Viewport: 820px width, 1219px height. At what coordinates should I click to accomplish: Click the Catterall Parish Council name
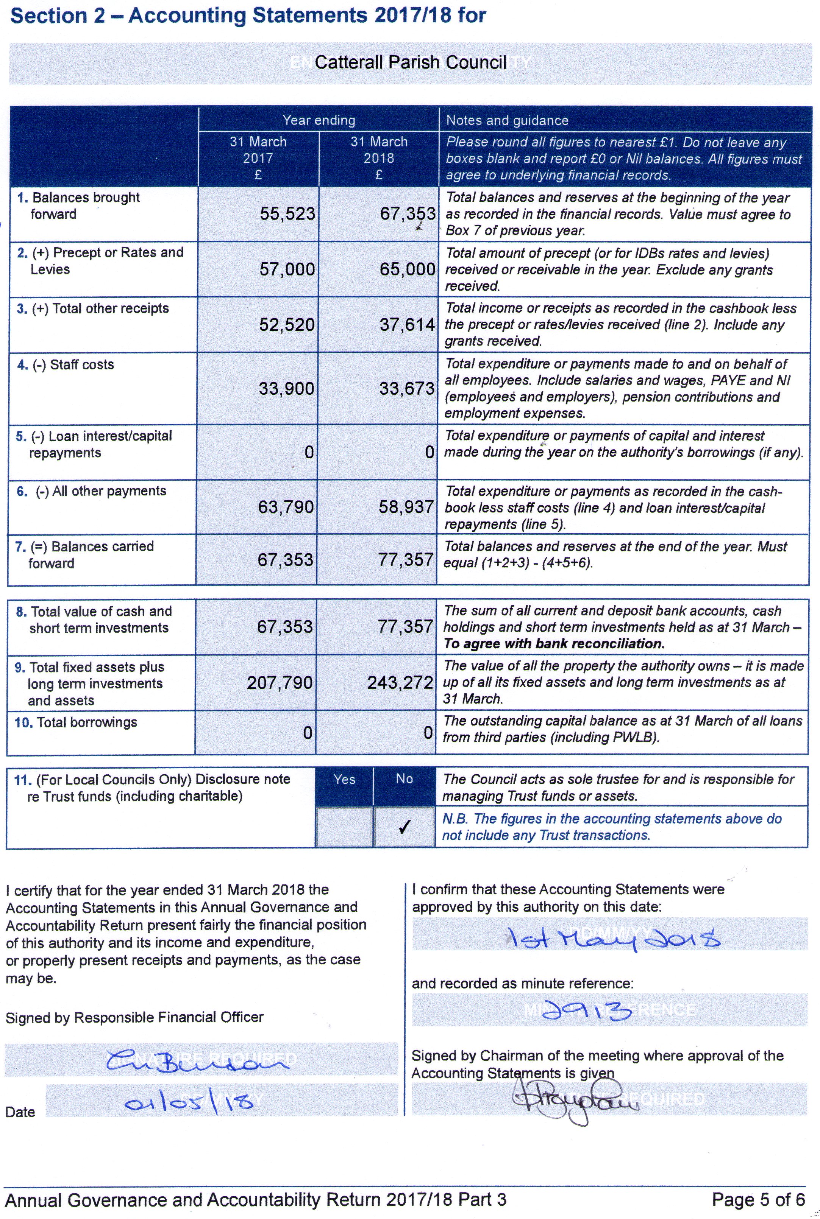click(x=411, y=63)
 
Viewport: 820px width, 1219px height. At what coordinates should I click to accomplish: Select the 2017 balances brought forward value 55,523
click(x=287, y=214)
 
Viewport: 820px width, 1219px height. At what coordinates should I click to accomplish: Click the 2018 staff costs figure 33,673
click(x=406, y=388)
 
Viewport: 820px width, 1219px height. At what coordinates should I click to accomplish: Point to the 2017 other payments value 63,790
click(x=286, y=507)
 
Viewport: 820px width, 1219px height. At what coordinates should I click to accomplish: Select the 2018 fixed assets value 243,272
click(x=400, y=682)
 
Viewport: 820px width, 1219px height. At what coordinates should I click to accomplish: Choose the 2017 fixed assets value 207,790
click(x=280, y=682)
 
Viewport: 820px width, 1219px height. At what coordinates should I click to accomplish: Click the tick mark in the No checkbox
click(x=404, y=827)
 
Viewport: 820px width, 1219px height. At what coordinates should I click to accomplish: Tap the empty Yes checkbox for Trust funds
click(x=344, y=827)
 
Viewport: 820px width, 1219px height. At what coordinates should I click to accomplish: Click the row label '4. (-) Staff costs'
click(x=66, y=365)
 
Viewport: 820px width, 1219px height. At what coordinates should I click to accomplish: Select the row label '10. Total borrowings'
click(x=76, y=722)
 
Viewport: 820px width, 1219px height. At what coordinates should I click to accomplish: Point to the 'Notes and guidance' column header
click(x=507, y=121)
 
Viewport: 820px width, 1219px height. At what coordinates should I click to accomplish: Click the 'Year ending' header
click(x=319, y=120)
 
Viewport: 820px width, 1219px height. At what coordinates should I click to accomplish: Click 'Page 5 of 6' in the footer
click(x=758, y=1200)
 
